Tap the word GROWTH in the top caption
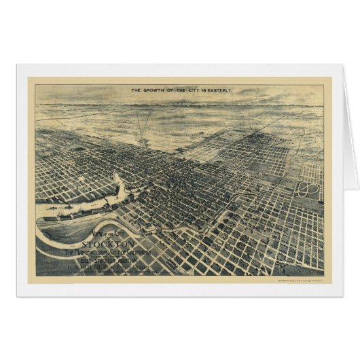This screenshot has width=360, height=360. pyautogui.click(x=156, y=90)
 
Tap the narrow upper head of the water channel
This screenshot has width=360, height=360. pyautogui.click(x=117, y=178)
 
